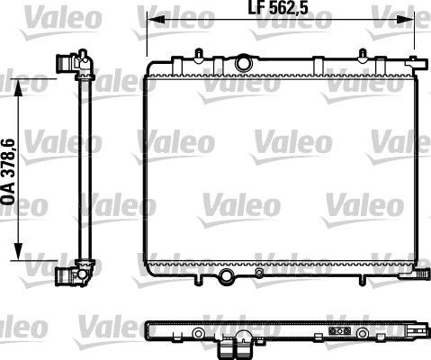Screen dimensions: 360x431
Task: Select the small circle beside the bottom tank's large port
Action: coord(260,272)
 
